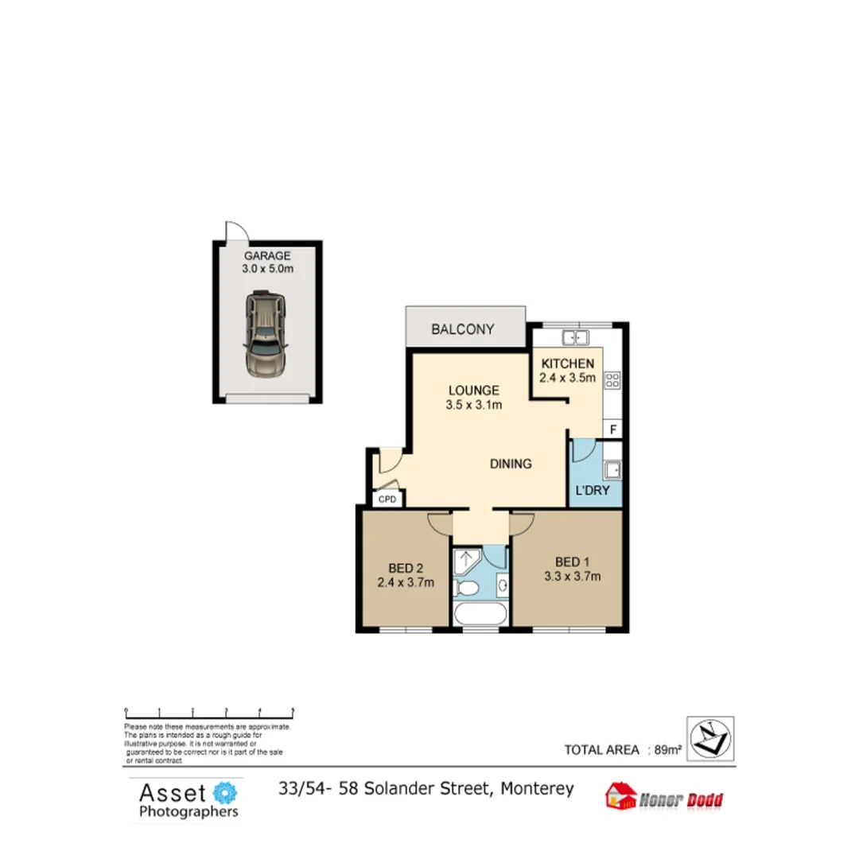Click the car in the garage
pos(266,333)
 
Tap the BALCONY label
pos(463,329)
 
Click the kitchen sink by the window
pos(574,337)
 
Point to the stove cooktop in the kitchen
pos(612,380)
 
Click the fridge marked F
pos(613,429)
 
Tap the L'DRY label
pos(593,491)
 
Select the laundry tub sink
pos(612,470)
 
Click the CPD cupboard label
pos(387,499)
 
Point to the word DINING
pos(510,464)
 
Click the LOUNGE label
pos(473,391)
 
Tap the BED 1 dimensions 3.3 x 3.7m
pos(572,577)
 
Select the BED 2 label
pos(406,568)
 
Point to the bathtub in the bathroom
pos(480,614)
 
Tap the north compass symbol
pos(710,738)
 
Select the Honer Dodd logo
pos(665,797)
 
